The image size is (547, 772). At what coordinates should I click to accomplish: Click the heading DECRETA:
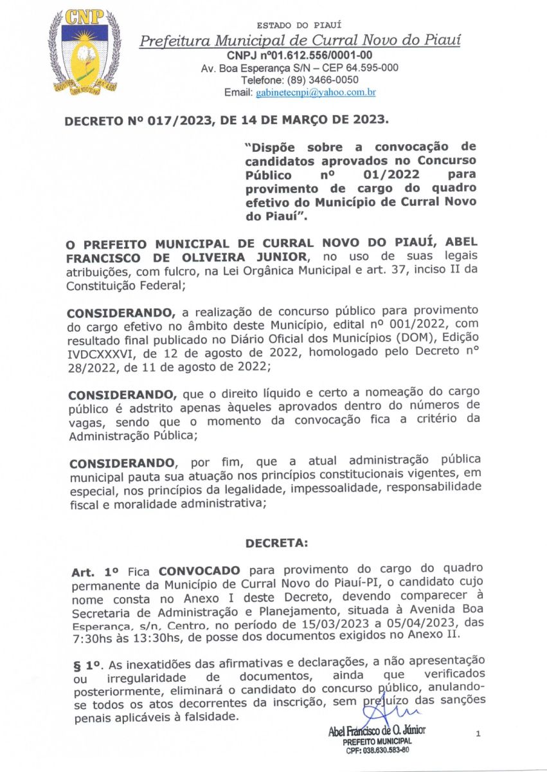[276, 544]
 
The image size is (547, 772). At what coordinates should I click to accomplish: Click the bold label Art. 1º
[94, 570]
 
